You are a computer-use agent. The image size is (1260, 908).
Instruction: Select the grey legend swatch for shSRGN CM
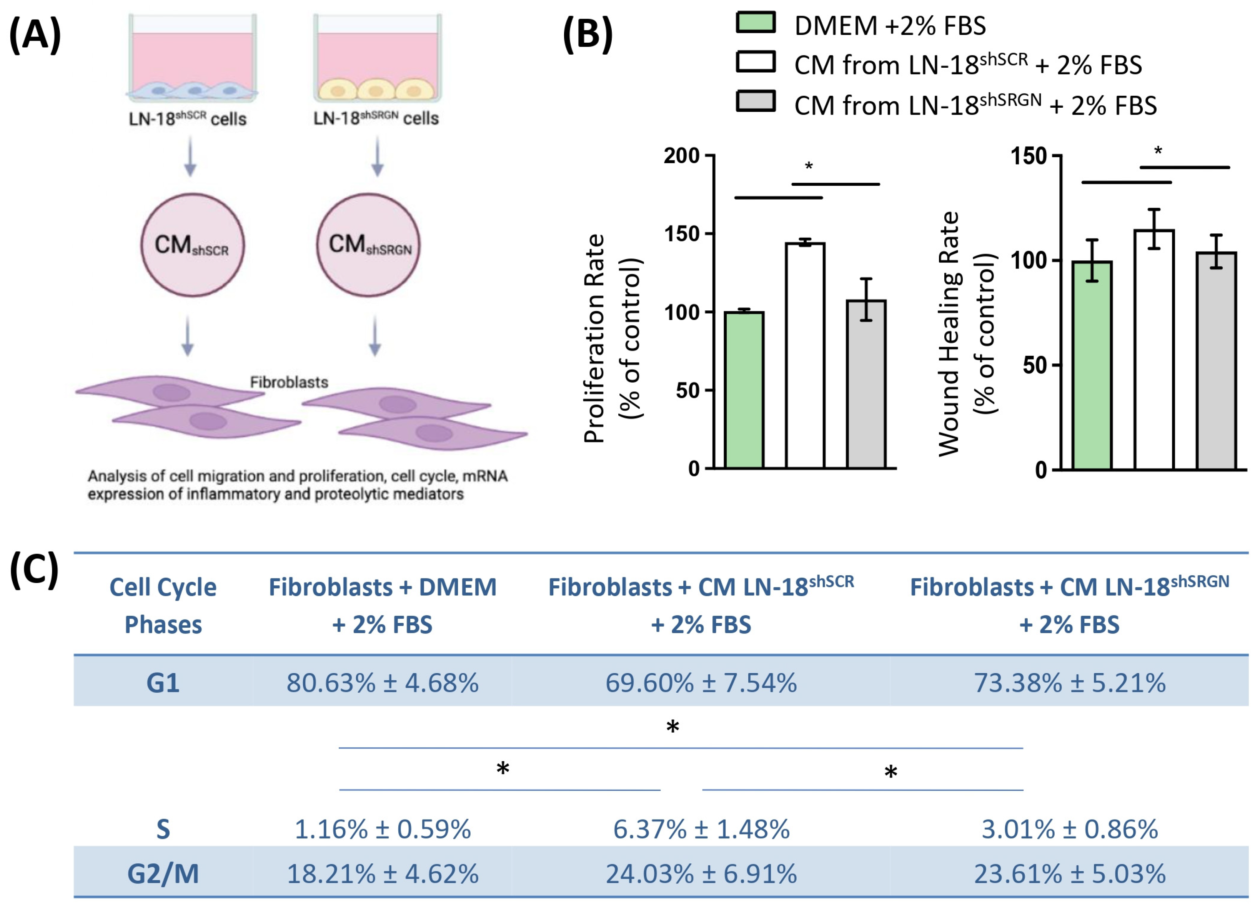[756, 102]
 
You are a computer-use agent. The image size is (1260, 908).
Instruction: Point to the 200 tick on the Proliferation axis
[682, 156]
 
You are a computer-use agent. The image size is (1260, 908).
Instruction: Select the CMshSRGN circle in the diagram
[368, 245]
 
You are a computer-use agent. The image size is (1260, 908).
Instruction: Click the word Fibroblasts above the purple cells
[289, 382]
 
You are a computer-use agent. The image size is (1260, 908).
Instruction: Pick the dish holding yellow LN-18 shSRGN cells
[377, 58]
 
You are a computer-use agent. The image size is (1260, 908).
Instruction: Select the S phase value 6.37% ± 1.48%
[701, 830]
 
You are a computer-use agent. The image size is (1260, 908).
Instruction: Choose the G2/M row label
[163, 873]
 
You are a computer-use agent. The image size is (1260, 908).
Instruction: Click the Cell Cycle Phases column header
[163, 606]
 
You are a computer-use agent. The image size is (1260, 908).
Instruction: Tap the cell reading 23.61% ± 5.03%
[1069, 873]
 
